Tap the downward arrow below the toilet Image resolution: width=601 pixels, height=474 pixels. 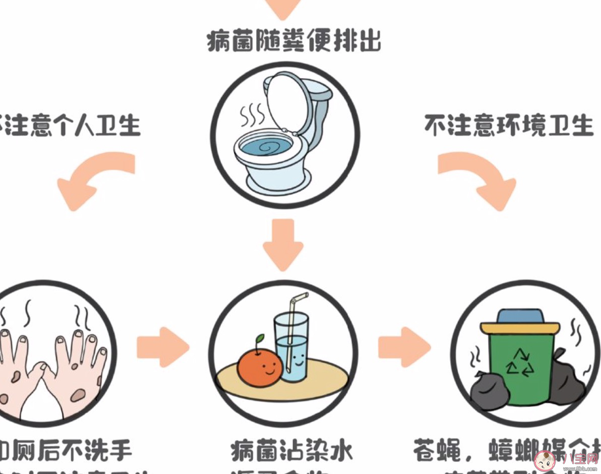pos(283,245)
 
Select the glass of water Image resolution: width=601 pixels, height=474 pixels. pos(292,348)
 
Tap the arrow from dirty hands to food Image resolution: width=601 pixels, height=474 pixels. pos(163,347)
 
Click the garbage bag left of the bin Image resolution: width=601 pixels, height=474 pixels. pos(488,391)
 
